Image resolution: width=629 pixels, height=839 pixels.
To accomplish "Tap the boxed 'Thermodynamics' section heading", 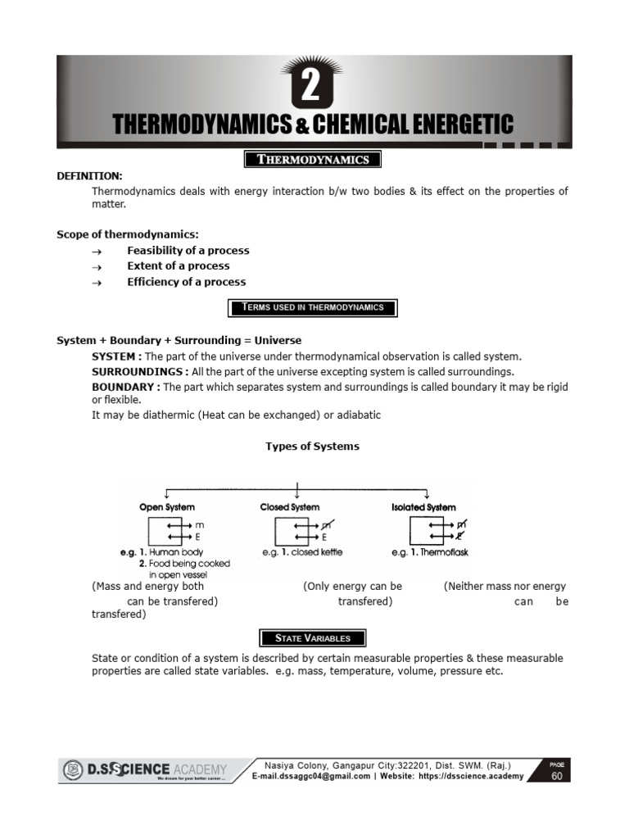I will (314, 159).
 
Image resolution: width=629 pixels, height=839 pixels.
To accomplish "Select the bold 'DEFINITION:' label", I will (89, 176).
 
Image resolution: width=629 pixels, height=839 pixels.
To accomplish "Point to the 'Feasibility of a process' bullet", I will (188, 251).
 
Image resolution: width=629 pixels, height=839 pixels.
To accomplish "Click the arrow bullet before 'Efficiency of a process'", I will (96, 283).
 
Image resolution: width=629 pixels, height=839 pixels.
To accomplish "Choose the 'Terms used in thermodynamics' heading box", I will (313, 308).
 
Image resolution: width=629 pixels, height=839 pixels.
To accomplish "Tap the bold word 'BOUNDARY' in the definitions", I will (124, 387).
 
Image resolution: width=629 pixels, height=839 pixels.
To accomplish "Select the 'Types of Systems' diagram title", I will (312, 447).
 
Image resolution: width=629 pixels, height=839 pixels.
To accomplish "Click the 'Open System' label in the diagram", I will (167, 508).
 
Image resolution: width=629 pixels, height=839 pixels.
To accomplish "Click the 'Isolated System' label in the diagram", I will (423, 508).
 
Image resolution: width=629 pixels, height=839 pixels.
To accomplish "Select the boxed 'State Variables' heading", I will (313, 638).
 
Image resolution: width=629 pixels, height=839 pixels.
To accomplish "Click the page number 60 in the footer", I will (557, 776).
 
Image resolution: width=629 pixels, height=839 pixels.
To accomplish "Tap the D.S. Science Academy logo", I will (143, 770).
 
